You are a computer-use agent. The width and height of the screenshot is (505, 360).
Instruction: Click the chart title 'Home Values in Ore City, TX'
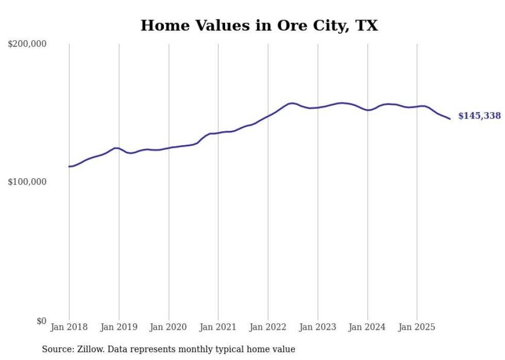tap(259, 26)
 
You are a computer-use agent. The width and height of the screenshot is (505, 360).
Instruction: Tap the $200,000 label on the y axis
tap(27, 44)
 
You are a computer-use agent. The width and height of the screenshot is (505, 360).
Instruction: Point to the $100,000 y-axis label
tap(27, 182)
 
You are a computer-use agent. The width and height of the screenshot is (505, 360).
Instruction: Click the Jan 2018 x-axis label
tap(69, 327)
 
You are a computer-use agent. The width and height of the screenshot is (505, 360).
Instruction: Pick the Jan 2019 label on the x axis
tap(119, 327)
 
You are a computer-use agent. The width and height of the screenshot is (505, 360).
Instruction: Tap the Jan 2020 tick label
tap(169, 327)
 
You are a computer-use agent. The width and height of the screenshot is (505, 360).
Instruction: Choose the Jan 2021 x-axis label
tap(218, 327)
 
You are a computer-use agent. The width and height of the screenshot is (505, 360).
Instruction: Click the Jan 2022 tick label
tap(268, 327)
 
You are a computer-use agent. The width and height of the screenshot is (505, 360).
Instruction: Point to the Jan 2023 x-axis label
tap(317, 327)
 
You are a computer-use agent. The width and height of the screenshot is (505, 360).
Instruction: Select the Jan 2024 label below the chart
tap(367, 327)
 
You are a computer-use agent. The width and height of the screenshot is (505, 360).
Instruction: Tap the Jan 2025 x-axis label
tap(417, 327)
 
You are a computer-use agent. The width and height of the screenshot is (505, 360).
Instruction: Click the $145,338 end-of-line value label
tap(479, 116)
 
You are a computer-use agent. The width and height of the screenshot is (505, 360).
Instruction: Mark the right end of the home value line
tap(450, 119)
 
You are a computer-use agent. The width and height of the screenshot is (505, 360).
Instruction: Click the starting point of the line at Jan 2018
tap(69, 166)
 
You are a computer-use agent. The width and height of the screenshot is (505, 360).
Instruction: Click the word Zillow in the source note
tap(91, 349)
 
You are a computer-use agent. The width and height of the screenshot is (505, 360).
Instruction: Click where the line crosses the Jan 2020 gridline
tap(169, 148)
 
